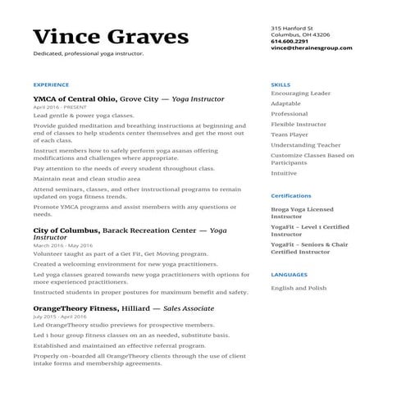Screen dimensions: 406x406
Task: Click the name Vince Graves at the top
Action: (111, 37)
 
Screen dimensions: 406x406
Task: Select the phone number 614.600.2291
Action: (290, 41)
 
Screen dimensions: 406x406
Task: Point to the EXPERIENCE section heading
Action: (51, 84)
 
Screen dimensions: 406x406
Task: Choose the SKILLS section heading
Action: (280, 84)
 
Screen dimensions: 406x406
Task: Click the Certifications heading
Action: (291, 196)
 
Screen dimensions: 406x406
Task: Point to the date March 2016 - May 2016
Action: (63, 245)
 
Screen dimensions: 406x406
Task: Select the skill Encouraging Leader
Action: (300, 94)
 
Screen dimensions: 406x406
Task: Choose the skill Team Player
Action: (290, 135)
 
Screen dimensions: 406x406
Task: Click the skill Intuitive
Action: (285, 173)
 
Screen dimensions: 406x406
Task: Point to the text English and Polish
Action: (299, 288)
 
